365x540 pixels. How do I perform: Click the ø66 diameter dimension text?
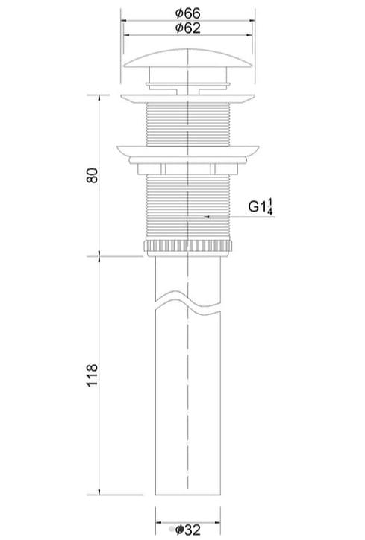pyautogui.click(x=187, y=13)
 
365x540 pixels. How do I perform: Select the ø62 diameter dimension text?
pyautogui.click(x=187, y=28)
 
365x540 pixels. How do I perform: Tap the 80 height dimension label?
pyautogui.click(x=92, y=175)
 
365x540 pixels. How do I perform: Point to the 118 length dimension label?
pyautogui.click(x=92, y=375)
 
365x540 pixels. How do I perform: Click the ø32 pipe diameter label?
pyautogui.click(x=188, y=530)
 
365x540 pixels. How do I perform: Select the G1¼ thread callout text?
pyautogui.click(x=261, y=206)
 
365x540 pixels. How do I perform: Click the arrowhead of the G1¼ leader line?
pyautogui.click(x=207, y=217)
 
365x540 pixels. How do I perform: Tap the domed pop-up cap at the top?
pyautogui.click(x=187, y=59)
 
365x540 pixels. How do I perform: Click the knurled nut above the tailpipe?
pyautogui.click(x=187, y=247)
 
